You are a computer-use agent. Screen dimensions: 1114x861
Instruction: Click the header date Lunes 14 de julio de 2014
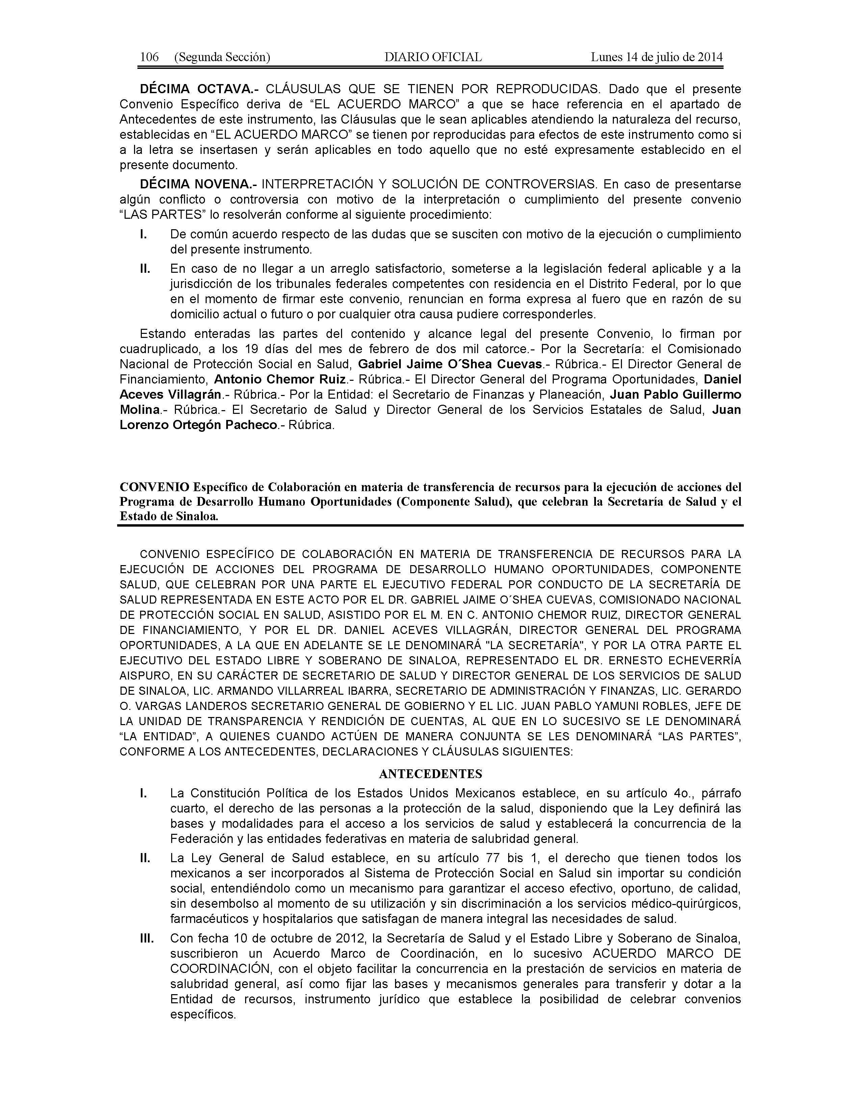pyautogui.click(x=656, y=57)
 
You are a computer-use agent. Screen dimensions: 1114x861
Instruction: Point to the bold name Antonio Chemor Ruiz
pyautogui.click(x=280, y=379)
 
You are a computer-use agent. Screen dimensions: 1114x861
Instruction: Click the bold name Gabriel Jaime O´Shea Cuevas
pyautogui.click(x=450, y=364)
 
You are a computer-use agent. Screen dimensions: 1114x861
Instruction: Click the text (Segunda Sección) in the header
pyautogui.click(x=222, y=57)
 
